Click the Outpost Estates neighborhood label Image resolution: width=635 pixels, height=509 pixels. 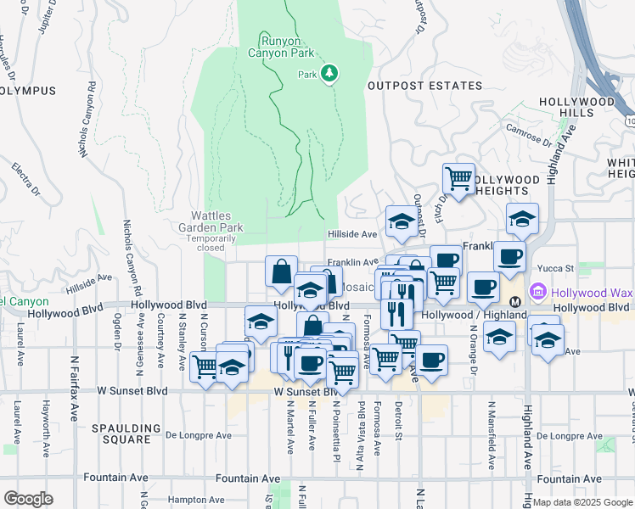point(413,86)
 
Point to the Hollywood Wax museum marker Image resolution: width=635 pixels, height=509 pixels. point(537,293)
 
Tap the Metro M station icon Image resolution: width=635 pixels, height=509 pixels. point(514,302)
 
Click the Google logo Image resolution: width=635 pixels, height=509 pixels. point(28,499)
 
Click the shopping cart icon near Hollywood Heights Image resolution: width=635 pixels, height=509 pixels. point(458,178)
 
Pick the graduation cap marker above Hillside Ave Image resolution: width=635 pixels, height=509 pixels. point(401,221)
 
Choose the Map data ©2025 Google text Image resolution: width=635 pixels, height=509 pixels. point(582,502)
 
